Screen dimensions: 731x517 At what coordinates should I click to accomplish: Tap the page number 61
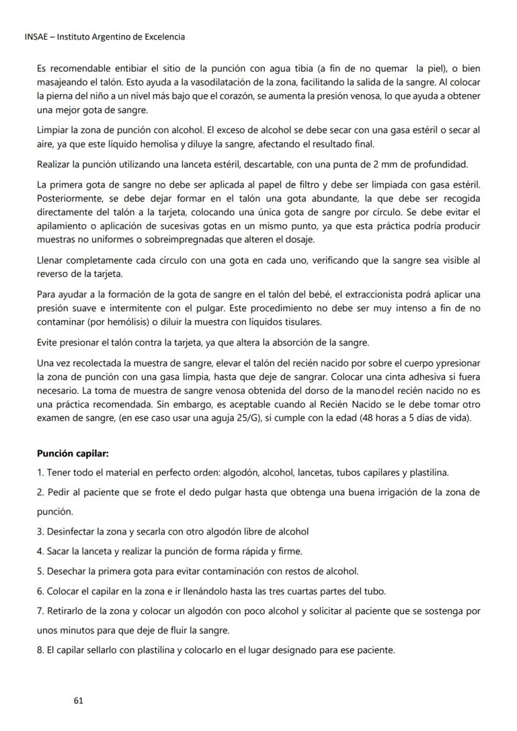(x=78, y=700)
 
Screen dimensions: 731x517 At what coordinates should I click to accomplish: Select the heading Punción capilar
(x=73, y=453)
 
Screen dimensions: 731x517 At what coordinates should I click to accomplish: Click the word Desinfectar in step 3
(x=71, y=532)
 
